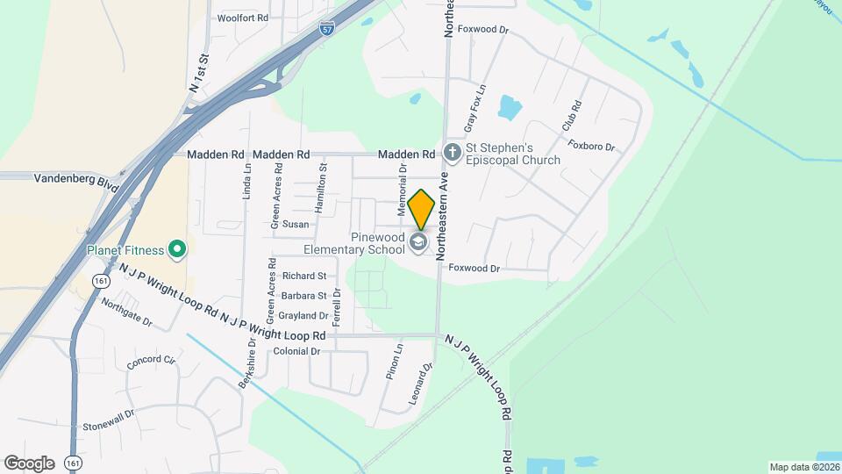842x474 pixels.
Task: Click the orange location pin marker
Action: tap(421, 210)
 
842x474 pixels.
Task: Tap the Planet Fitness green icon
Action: tap(177, 250)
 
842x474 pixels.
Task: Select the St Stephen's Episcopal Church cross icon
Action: tap(453, 154)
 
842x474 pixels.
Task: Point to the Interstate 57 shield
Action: tap(326, 28)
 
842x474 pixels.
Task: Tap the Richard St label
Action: tap(304, 276)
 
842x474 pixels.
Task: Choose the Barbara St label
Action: tap(303, 296)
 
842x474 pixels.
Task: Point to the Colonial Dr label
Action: tap(296, 351)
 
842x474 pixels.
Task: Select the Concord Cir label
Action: tap(151, 361)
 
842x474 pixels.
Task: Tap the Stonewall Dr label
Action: tap(109, 420)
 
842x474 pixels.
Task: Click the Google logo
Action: tap(29, 463)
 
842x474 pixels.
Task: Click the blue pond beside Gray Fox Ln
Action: tap(510, 107)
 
